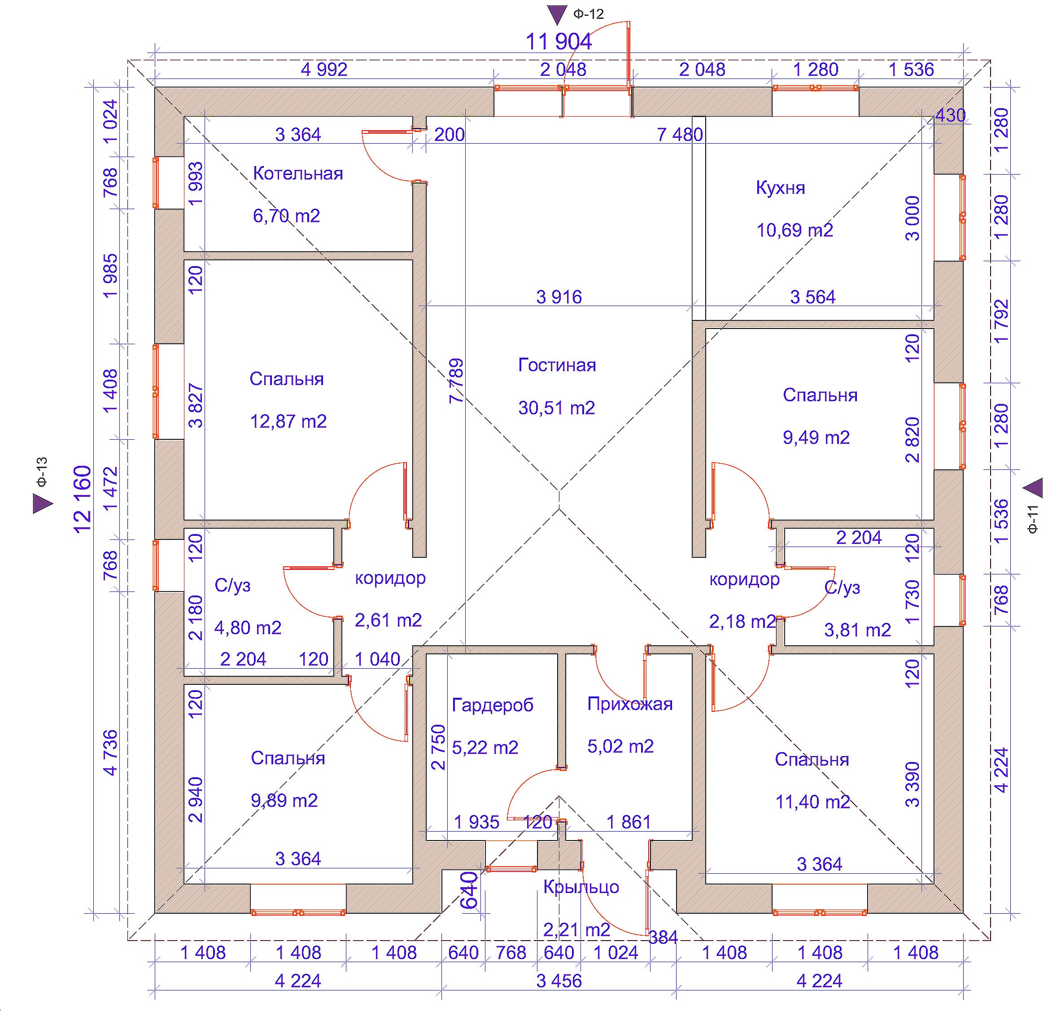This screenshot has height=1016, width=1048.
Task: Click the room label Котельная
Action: pos(298,174)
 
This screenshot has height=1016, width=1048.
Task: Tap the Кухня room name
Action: pos(781,188)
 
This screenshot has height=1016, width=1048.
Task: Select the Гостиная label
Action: pos(557,365)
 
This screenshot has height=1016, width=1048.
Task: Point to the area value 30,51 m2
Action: pos(557,408)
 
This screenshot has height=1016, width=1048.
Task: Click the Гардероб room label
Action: pos(493,705)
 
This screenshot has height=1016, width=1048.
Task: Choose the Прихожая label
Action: pos(630,704)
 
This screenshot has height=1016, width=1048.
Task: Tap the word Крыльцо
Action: pos(581,887)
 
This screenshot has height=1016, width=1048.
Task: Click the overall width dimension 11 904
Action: pos(559,42)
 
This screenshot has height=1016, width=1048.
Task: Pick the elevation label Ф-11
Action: pos(1033,519)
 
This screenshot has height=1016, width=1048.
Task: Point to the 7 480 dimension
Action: pos(680,135)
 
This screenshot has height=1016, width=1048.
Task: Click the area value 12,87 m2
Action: pos(288,421)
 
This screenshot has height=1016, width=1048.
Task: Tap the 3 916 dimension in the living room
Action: pos(559,298)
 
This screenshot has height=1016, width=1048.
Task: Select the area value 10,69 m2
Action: pos(795,231)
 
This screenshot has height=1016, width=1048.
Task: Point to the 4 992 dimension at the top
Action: pos(324,70)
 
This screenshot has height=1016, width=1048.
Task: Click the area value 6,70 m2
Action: pos(287,216)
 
